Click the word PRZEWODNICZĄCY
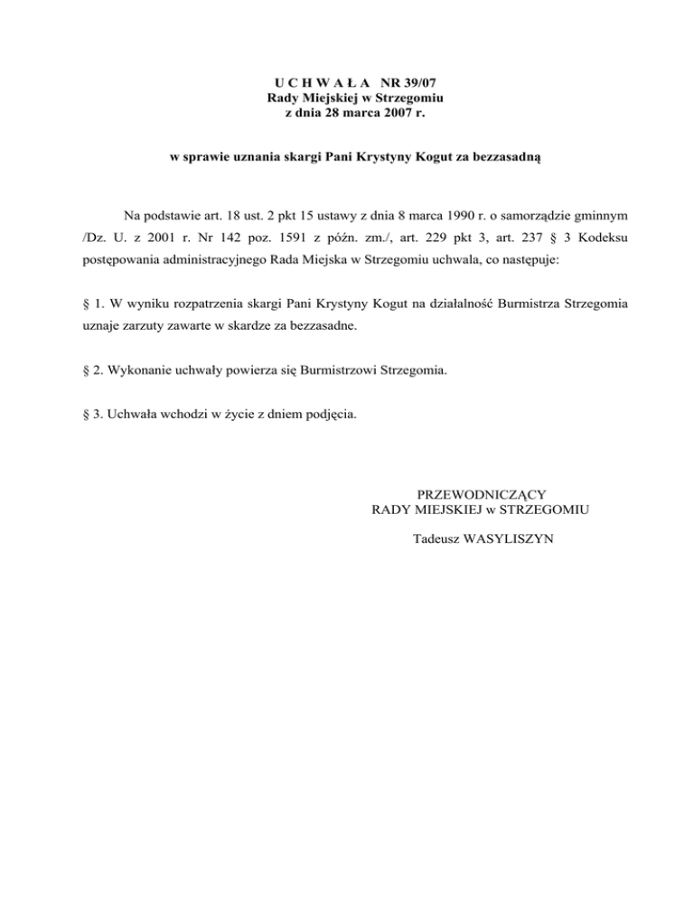[x=480, y=493]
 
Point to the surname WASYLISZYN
[x=511, y=539]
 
